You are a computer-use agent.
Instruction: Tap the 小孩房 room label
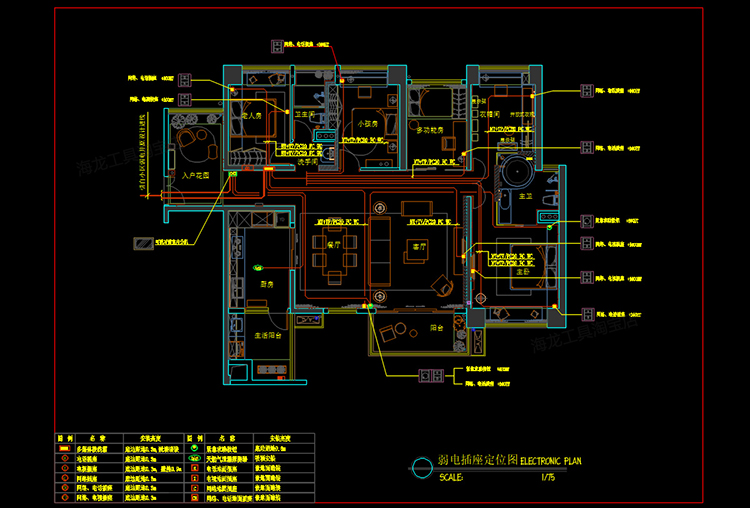(366, 123)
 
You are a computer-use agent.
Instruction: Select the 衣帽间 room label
(490, 115)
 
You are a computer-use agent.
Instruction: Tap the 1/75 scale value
(547, 478)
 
